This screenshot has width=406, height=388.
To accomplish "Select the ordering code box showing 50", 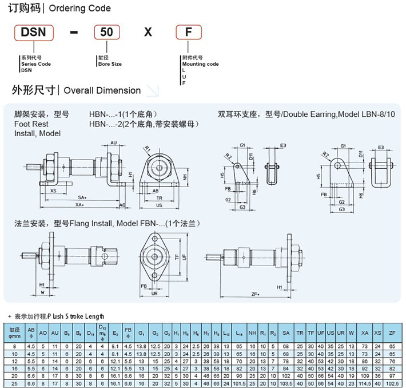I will tap(106, 32).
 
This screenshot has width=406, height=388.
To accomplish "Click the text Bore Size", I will tap(110, 64).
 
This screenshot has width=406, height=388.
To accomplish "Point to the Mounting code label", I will tap(200, 64).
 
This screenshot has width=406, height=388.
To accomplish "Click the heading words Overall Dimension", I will tap(102, 90).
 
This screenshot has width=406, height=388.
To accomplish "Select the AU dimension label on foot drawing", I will tap(113, 142).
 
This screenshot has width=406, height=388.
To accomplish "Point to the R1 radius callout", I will tap(147, 148).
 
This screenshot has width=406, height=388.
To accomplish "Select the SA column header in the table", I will tap(286, 333).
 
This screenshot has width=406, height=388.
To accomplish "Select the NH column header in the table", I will tap(252, 333).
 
